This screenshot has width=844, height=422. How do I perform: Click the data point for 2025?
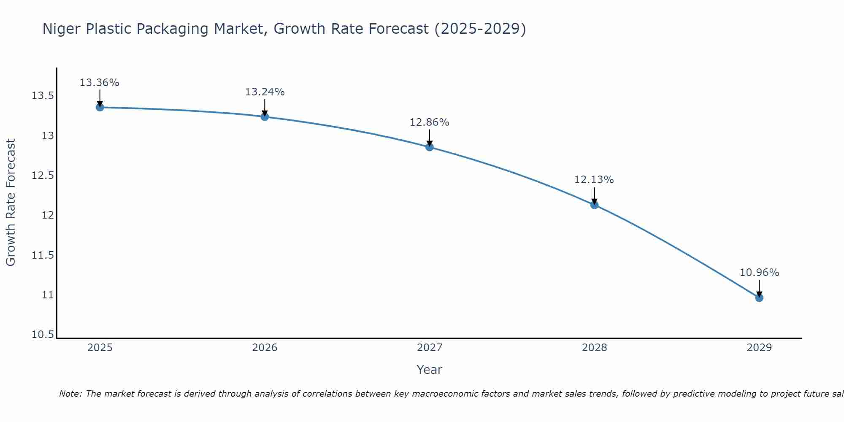click(x=100, y=107)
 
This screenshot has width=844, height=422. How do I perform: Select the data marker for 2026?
click(x=265, y=116)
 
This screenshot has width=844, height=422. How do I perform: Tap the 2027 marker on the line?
click(x=430, y=147)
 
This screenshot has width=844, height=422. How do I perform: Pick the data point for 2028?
click(x=594, y=205)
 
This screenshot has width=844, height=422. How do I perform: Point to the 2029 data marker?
click(x=759, y=298)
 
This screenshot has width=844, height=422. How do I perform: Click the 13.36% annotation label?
click(x=100, y=83)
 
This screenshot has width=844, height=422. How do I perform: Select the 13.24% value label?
click(x=265, y=92)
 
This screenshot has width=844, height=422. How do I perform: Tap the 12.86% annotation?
click(x=430, y=122)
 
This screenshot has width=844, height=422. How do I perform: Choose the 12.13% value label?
click(x=594, y=180)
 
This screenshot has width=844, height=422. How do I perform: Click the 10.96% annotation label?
click(x=759, y=273)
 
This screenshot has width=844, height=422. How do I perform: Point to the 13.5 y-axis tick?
click(x=43, y=96)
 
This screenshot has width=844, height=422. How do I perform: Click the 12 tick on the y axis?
click(x=48, y=215)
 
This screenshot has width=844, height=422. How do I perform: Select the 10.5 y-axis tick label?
click(x=43, y=335)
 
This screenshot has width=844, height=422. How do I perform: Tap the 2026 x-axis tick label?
click(x=265, y=348)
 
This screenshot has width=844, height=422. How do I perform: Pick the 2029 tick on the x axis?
click(x=759, y=348)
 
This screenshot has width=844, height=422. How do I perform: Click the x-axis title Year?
click(x=429, y=370)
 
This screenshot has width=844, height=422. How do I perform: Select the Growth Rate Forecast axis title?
click(x=11, y=203)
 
